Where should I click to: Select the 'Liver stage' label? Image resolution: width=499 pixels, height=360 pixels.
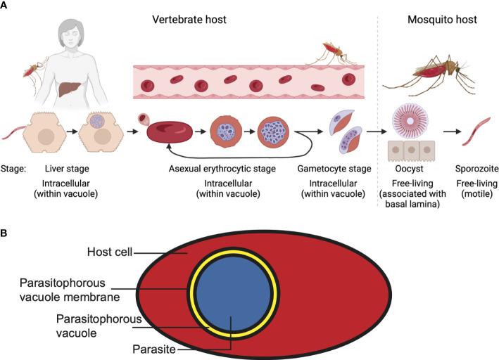pos(65,169)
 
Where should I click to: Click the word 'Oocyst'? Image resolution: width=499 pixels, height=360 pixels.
pos(407,169)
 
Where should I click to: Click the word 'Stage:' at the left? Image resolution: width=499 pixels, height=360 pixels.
pos(15,169)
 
